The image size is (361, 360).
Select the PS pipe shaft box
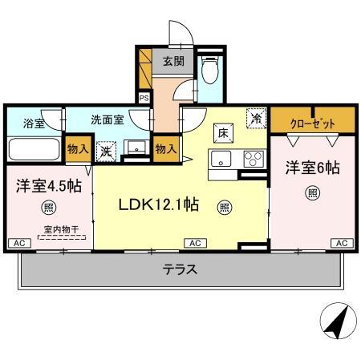(x=144, y=98)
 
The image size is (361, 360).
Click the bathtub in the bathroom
(x=34, y=150)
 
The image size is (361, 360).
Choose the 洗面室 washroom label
(x=106, y=120)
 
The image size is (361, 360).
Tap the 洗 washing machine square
(x=106, y=150)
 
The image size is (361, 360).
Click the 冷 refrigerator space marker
(x=256, y=117)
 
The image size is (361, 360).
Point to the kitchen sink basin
(x=221, y=158)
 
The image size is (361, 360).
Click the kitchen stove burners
(x=253, y=158)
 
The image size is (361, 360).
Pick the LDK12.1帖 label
(x=159, y=204)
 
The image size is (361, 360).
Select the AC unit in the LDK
(x=194, y=242)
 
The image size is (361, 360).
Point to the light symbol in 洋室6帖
(x=312, y=192)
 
